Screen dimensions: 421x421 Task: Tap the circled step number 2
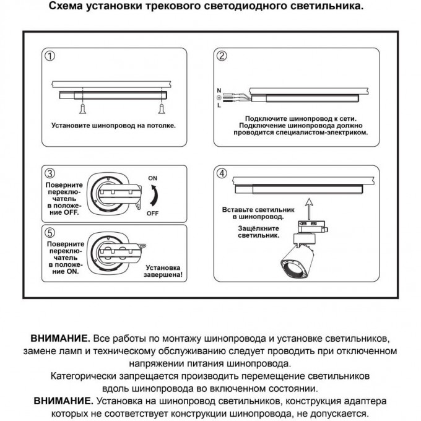pyautogui.click(x=221, y=56)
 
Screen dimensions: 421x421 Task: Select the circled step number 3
pyautogui.click(x=50, y=173)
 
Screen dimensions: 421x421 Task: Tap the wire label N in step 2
pyautogui.click(x=219, y=90)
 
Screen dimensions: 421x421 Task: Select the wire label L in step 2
pyautogui.click(x=219, y=106)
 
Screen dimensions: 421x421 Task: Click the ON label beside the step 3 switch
pyautogui.click(x=152, y=178)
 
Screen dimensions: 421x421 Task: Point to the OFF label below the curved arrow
pyautogui.click(x=152, y=213)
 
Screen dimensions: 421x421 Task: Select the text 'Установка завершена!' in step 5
pyautogui.click(x=164, y=271)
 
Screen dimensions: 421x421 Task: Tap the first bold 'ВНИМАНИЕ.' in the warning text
pyautogui.click(x=60, y=339)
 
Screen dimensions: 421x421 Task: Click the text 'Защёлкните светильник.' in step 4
pyautogui.click(x=259, y=232)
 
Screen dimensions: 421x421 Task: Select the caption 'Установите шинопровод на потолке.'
pyautogui.click(x=113, y=125)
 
